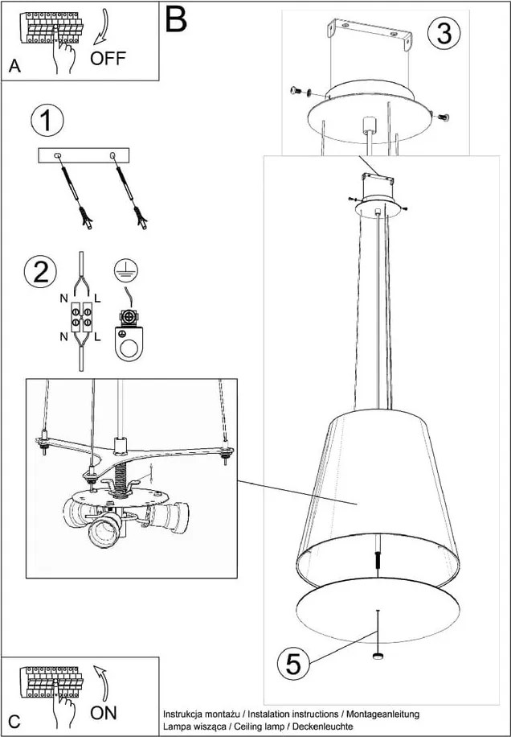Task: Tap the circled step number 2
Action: (39, 271)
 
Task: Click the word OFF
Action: (108, 59)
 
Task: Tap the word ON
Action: (104, 712)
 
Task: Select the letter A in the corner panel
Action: (14, 68)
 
